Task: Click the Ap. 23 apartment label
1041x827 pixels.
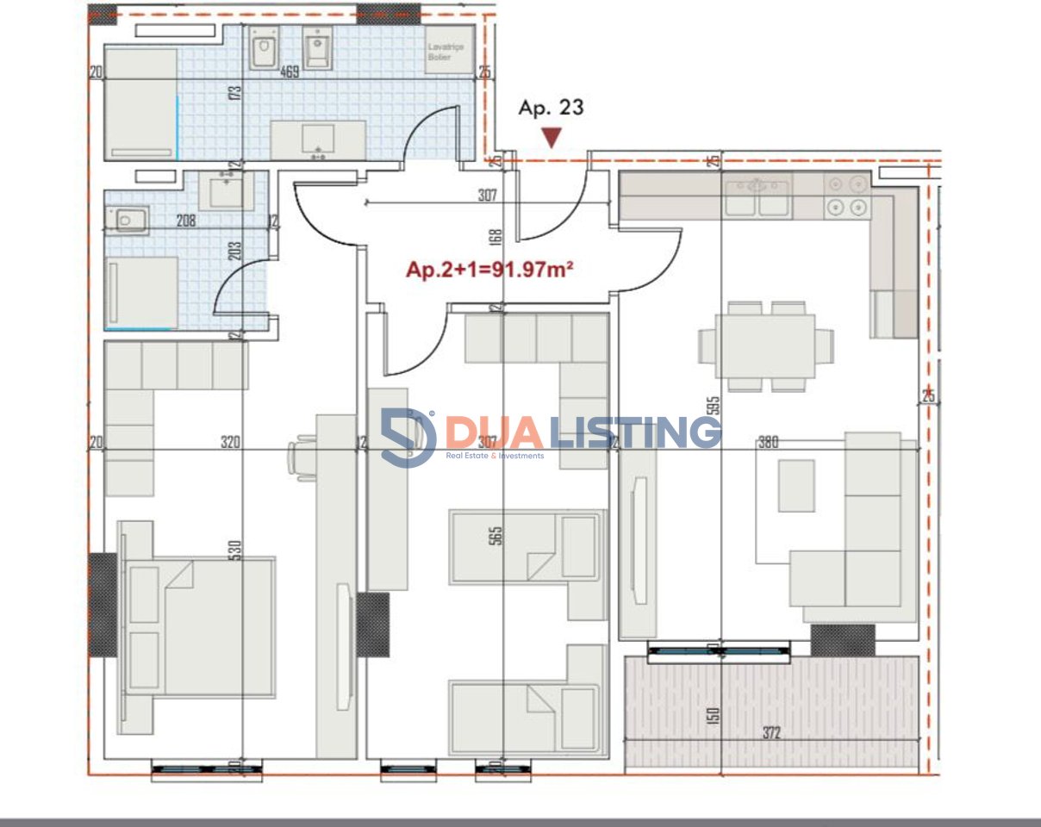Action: point(551,108)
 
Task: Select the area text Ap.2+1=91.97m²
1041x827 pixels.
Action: point(490,270)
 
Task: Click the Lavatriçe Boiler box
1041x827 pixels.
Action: point(446,52)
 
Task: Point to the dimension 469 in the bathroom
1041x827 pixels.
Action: point(290,73)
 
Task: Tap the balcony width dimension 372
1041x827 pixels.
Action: point(771,733)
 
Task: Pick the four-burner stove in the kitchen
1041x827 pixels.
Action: point(846,196)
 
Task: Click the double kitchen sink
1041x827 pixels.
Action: point(757,197)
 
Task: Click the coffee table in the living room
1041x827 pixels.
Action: point(796,486)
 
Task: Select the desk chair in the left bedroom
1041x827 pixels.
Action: point(302,452)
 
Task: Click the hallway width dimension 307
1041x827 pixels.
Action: point(488,196)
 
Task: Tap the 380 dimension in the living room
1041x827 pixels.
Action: point(768,443)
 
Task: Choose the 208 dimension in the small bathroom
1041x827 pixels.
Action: point(185,221)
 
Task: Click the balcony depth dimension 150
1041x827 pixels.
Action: point(713,714)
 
